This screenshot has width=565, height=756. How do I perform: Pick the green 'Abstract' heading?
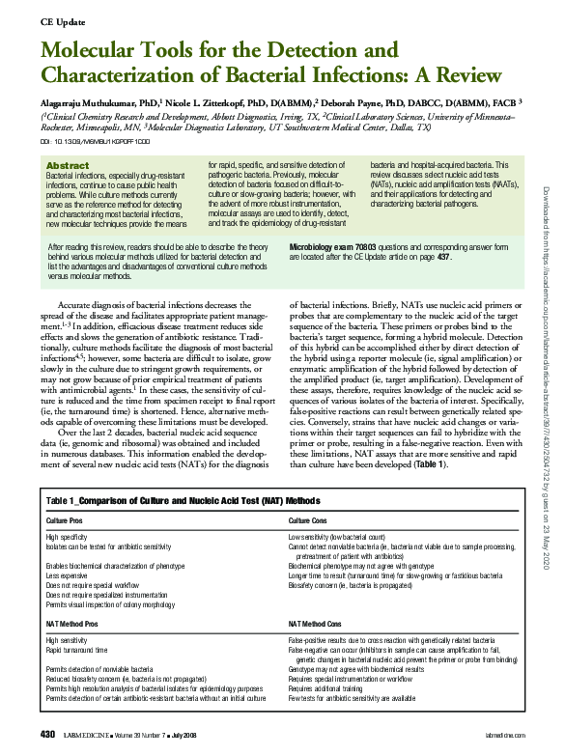[68, 166]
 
